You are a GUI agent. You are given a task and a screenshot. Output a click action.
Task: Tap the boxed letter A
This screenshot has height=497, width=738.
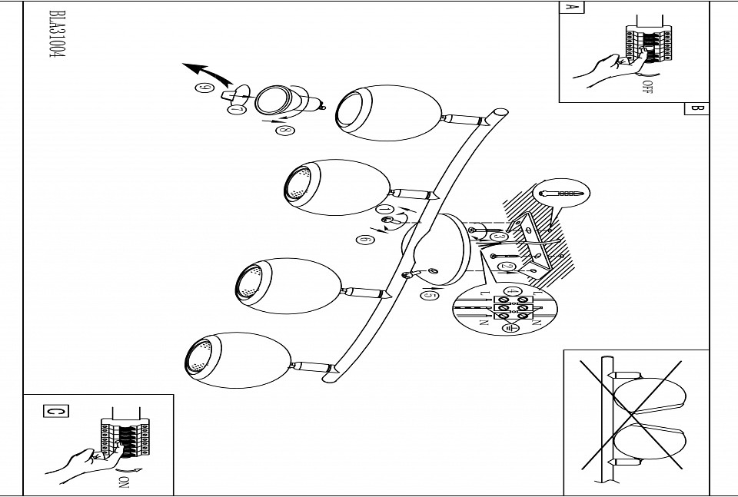570,8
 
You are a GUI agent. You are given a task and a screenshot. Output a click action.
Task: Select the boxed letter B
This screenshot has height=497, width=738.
696,108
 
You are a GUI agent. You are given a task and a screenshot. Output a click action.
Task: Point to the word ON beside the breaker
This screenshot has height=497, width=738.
123,483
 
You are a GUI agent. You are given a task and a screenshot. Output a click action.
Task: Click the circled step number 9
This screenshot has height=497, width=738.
204,88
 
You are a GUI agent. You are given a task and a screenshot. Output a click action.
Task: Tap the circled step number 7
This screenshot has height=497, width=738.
238,111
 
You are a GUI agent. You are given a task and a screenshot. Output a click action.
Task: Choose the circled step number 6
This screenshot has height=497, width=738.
364,240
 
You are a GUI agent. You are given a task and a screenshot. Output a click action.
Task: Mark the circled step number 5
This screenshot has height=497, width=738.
430,295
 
